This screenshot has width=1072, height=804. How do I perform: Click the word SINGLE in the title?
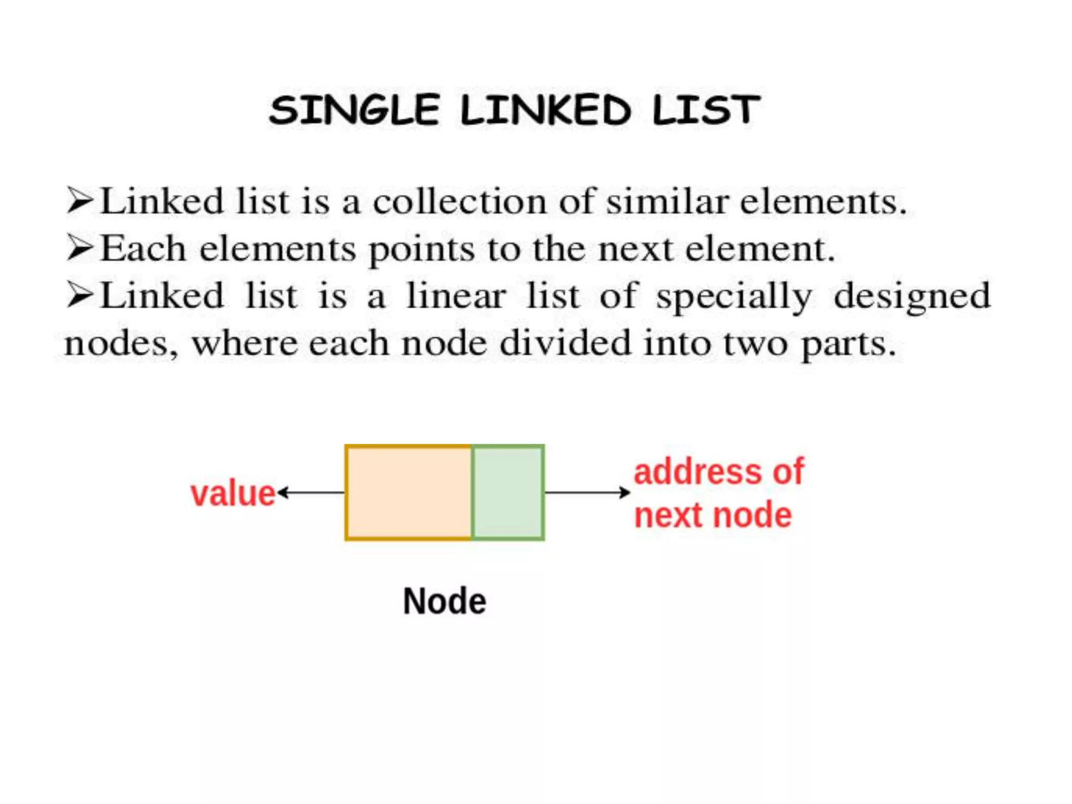coord(354,110)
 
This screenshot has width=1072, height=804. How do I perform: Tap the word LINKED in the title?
coord(545,110)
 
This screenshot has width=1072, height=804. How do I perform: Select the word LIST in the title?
coord(706,110)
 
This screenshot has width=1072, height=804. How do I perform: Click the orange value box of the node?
coord(408,492)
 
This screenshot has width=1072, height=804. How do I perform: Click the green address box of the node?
coord(508,492)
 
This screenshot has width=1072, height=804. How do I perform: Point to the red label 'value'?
coord(233,494)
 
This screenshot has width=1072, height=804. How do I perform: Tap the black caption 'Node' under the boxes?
coord(444,601)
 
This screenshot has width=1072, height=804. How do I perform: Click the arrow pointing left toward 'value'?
coord(311,493)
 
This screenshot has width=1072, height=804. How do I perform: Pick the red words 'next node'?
coord(713,515)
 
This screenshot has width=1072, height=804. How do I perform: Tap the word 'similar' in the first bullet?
coord(667,202)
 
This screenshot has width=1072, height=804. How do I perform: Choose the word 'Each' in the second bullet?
coord(143,249)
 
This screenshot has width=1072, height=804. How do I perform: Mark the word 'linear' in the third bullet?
coord(456,296)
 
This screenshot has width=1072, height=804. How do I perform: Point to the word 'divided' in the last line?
coord(565,343)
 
